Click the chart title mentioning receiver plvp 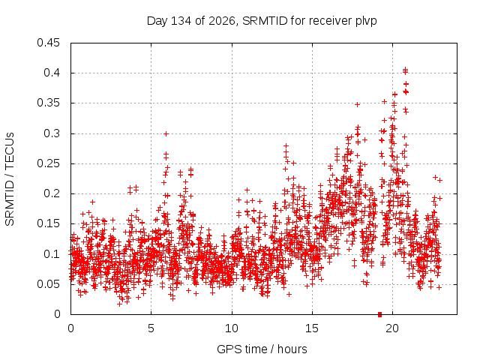tap(262, 21)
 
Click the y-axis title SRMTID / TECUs tap(10, 179)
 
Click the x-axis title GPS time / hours tap(262, 349)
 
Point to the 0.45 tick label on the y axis tap(48, 43)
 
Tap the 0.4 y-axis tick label tap(52, 73)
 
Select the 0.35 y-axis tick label tap(48, 103)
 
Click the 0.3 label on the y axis tap(52, 133)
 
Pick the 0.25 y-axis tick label tap(48, 163)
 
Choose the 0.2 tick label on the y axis tap(52, 193)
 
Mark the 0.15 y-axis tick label tap(48, 223)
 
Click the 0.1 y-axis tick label tap(52, 254)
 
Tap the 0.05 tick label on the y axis tap(48, 284)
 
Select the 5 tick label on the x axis tap(151, 328)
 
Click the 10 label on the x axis tap(232, 328)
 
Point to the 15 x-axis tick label tap(312, 328)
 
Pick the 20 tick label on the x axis tap(392, 328)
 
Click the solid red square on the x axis tap(380, 314)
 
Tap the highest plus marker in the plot tap(405, 70)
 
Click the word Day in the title tap(157, 21)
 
